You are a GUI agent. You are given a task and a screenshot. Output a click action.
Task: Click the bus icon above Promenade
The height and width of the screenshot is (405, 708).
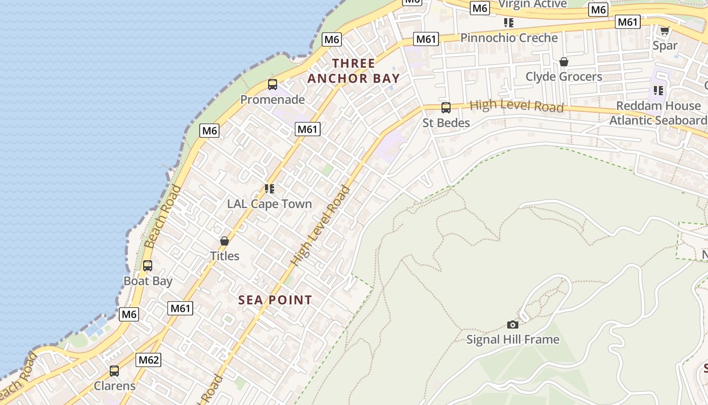pyautogui.click(x=273, y=84)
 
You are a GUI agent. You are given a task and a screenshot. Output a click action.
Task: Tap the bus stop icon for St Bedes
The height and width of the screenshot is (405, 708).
pyautogui.click(x=446, y=107)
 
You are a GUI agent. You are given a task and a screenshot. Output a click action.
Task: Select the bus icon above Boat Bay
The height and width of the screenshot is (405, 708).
pyautogui.click(x=148, y=265)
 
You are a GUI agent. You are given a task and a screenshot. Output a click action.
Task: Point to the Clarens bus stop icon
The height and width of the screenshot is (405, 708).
pyautogui.click(x=114, y=371)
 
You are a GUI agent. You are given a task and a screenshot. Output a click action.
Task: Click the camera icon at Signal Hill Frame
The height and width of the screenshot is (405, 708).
pyautogui.click(x=513, y=325)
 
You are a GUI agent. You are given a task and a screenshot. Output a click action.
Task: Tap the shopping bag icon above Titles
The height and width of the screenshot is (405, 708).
pyautogui.click(x=225, y=241)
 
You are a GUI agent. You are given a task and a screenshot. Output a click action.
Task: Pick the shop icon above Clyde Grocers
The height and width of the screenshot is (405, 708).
pyautogui.click(x=564, y=62)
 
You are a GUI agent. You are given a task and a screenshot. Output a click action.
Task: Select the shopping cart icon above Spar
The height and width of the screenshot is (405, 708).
pyautogui.click(x=665, y=30)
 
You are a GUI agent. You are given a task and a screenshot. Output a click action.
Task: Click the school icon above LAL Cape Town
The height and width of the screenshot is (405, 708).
pyautogui.click(x=270, y=189)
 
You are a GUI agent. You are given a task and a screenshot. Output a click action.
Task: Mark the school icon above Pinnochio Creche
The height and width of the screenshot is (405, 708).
pyautogui.click(x=509, y=23)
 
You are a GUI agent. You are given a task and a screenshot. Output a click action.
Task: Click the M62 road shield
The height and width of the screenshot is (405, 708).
pyautogui.click(x=149, y=360)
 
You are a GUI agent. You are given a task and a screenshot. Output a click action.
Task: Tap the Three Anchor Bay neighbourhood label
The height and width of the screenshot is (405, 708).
pyautogui.click(x=354, y=71)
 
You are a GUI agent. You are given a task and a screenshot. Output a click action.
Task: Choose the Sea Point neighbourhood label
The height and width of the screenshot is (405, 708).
pyautogui.click(x=275, y=300)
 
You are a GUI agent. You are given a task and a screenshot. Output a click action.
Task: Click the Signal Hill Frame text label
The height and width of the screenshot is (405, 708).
pyautogui.click(x=513, y=339)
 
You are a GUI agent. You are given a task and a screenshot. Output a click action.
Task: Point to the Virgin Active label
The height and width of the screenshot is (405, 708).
pyautogui.click(x=533, y=5)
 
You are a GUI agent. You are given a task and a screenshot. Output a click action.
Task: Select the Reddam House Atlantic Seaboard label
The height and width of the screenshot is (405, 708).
pyautogui.click(x=658, y=113)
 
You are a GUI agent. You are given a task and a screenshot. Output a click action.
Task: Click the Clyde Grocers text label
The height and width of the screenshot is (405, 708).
pyautogui.click(x=564, y=76)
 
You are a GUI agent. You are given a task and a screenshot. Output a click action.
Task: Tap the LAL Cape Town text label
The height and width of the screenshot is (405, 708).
pyautogui.click(x=270, y=204)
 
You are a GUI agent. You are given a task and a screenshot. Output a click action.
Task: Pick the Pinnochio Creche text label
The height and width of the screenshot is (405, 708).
pyautogui.click(x=509, y=37)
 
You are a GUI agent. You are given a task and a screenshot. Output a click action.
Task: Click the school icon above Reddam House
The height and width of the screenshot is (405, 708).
pyautogui.click(x=658, y=91)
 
